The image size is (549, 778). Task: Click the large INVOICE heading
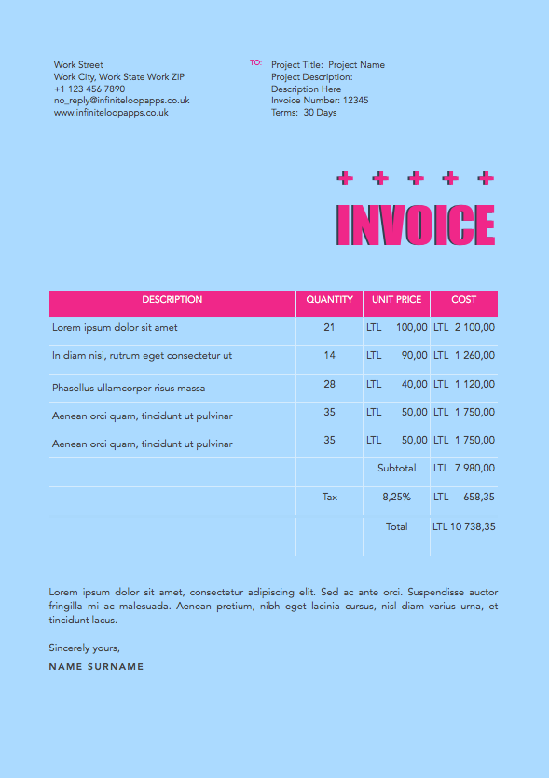[x=415, y=225]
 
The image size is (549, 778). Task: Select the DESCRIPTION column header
[x=172, y=300]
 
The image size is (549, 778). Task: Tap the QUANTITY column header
[x=329, y=300]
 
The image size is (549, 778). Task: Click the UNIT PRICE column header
[x=396, y=300]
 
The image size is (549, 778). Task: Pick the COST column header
[x=463, y=300]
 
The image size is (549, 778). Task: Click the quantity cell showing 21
[x=329, y=328]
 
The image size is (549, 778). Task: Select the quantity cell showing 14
[x=329, y=356]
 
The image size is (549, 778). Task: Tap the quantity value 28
[x=329, y=385]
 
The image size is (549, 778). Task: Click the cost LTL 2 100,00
[x=464, y=328]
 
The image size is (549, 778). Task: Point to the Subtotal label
[x=397, y=469]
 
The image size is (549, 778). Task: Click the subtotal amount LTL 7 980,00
[x=464, y=469]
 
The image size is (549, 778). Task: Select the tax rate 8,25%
[x=396, y=498]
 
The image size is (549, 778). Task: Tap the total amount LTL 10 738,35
[x=464, y=527]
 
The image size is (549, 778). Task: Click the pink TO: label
[x=256, y=63]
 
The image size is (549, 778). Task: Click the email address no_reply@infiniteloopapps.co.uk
[x=121, y=101]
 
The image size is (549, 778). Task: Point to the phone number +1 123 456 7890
[x=89, y=89]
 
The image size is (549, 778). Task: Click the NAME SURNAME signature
[x=96, y=667]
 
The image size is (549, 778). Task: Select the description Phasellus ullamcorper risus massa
[x=129, y=388]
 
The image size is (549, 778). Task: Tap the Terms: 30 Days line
[x=304, y=113]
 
